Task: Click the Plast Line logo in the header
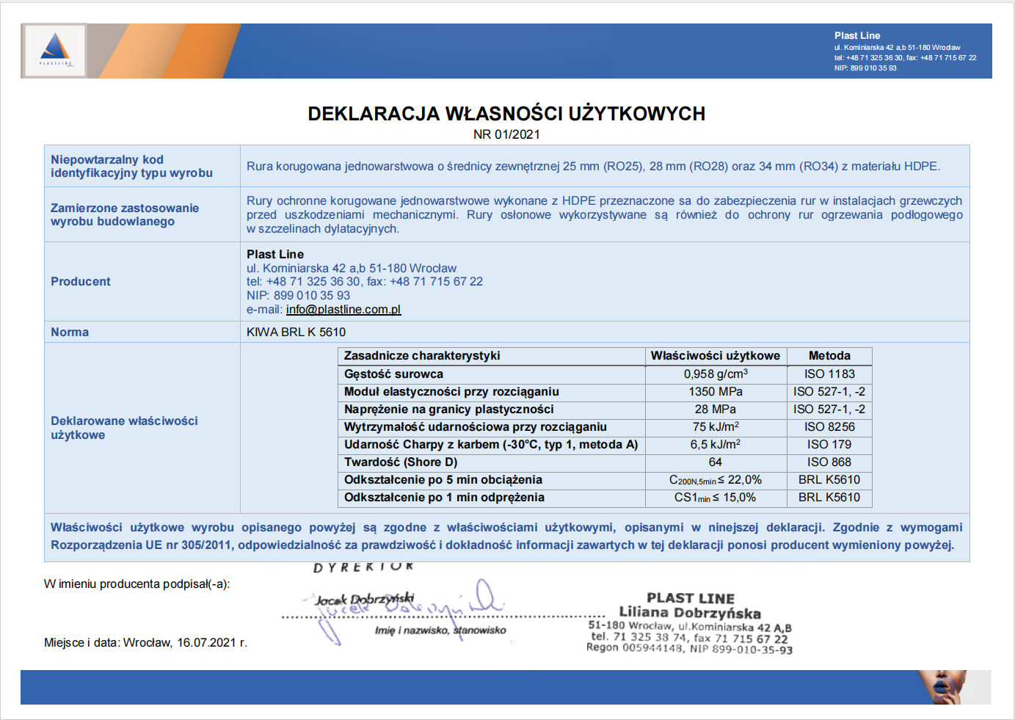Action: pyautogui.click(x=55, y=50)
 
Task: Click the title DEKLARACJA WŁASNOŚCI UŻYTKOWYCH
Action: pyautogui.click(x=506, y=114)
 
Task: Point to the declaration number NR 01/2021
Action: pyautogui.click(x=506, y=134)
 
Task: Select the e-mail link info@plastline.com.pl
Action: pyautogui.click(x=343, y=310)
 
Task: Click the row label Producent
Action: pyautogui.click(x=81, y=281)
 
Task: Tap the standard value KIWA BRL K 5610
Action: pyautogui.click(x=296, y=332)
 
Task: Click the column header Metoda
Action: pyautogui.click(x=829, y=355)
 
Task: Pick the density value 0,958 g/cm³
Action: pyautogui.click(x=716, y=374)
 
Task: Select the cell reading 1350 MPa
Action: pyautogui.click(x=716, y=391)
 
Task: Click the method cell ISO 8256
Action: pyautogui.click(x=829, y=426)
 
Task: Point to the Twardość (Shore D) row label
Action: pyautogui.click(x=401, y=462)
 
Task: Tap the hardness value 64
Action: pyautogui.click(x=716, y=462)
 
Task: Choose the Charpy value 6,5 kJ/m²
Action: pyautogui.click(x=716, y=444)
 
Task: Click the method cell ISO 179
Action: pyautogui.click(x=829, y=444)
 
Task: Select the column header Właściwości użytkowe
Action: pyautogui.click(x=716, y=355)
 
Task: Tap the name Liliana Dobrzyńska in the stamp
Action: pyautogui.click(x=690, y=612)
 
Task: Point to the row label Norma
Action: pyautogui.click(x=70, y=332)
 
